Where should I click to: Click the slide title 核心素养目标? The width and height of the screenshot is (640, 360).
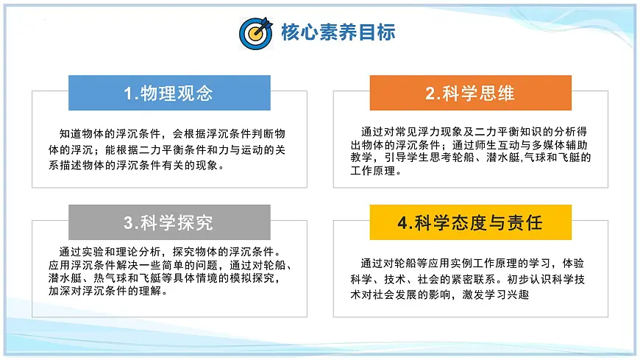point(338,32)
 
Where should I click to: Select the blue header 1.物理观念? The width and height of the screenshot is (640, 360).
point(168,93)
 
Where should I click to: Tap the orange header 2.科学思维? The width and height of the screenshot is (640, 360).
point(470,93)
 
